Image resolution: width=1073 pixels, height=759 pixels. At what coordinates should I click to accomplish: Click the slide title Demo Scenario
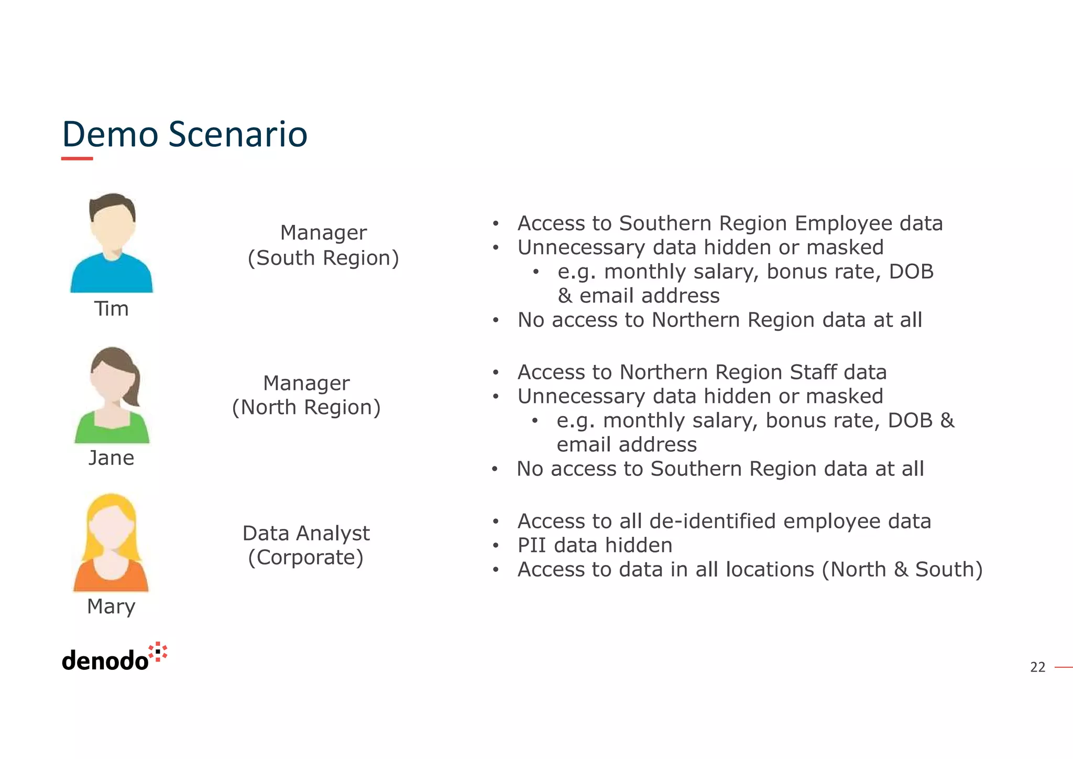184,134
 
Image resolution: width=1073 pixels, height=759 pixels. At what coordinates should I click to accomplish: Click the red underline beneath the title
77,158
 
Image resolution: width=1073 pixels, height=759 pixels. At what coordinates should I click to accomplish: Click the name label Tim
111,309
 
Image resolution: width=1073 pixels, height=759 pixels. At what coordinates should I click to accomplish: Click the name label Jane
111,458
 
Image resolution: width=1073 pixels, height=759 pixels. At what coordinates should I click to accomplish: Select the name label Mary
111,606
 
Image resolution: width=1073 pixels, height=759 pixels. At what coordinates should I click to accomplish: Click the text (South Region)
323,258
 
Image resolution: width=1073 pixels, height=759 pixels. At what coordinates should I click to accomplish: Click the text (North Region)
306,407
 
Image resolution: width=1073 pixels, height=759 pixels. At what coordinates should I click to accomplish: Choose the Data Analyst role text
306,533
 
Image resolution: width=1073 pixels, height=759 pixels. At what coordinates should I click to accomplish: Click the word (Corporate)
306,557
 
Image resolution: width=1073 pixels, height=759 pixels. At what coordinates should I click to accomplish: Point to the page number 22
1037,667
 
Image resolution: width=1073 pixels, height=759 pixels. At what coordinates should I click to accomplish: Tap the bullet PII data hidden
595,545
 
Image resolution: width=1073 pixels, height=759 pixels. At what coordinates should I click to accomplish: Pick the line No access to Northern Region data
719,320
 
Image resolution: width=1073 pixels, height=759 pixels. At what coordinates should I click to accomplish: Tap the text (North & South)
902,569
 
